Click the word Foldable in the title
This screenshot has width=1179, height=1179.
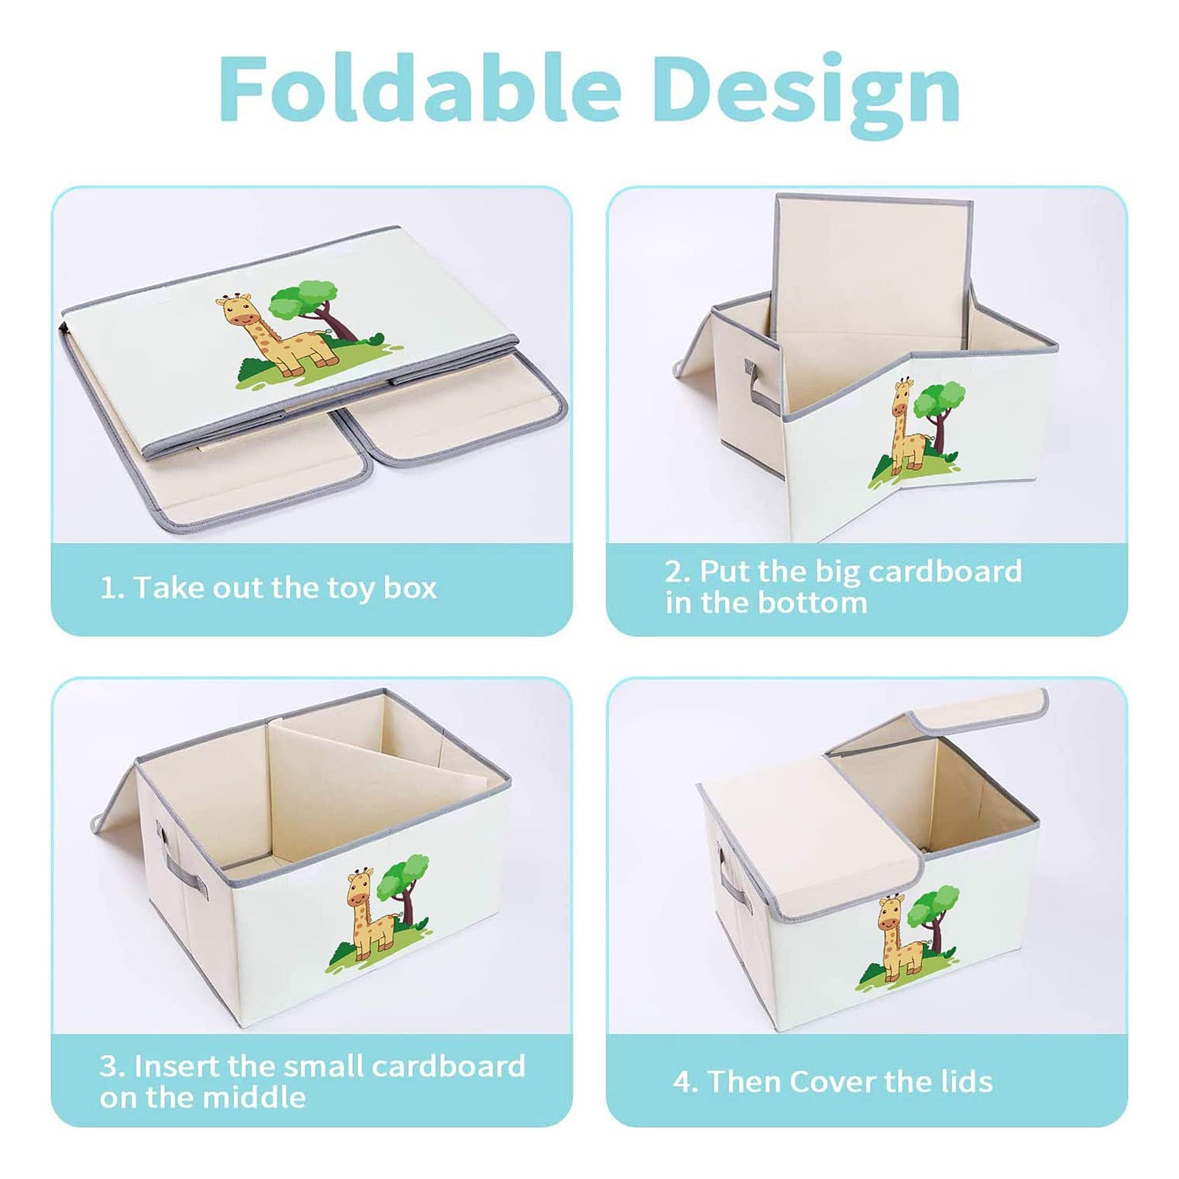pos(419,89)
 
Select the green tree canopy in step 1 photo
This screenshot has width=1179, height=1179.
pos(303,301)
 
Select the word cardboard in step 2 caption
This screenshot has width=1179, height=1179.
pos(944,571)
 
